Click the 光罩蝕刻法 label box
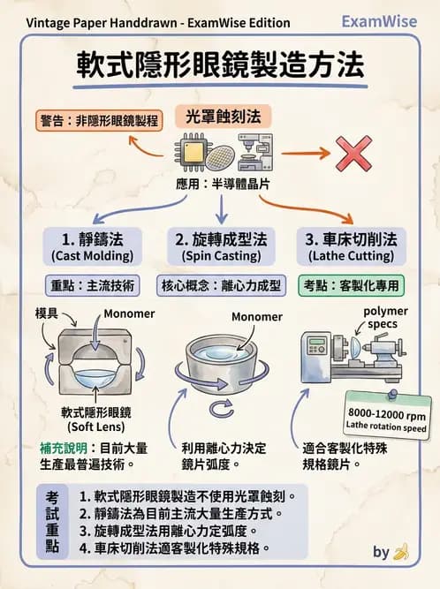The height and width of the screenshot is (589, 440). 223,116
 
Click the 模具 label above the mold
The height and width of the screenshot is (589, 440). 48,313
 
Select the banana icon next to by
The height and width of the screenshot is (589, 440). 402,552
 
